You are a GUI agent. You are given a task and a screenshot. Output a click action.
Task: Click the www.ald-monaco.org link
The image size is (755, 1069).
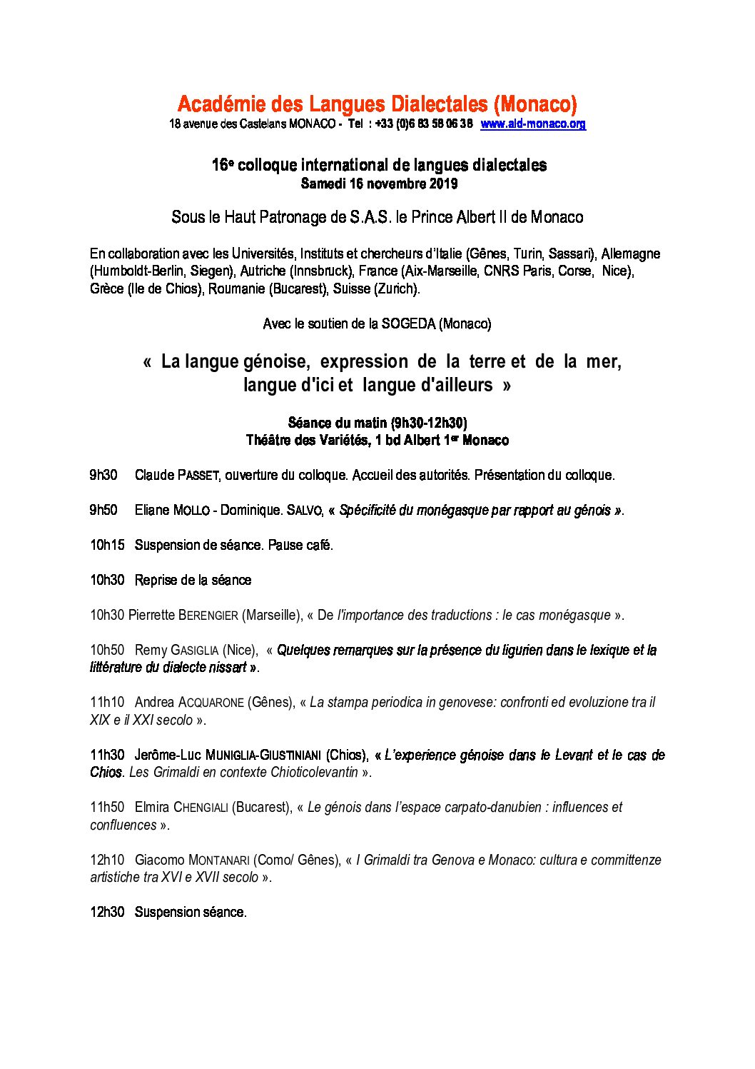(533, 124)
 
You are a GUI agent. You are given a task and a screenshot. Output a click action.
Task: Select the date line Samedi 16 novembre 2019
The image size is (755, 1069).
(379, 184)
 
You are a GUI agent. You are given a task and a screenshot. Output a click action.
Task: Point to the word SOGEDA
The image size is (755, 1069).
(408, 323)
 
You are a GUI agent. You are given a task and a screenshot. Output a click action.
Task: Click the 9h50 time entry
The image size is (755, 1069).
(103, 510)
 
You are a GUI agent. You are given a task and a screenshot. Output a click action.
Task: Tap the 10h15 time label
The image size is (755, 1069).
(107, 545)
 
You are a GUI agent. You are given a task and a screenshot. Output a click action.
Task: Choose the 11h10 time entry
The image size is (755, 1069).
(107, 702)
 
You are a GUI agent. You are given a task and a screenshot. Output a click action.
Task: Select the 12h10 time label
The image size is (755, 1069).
(107, 860)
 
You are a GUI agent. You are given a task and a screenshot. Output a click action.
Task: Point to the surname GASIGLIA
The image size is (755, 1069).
(194, 651)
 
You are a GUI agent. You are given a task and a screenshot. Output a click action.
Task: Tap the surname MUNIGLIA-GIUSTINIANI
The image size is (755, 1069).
(263, 756)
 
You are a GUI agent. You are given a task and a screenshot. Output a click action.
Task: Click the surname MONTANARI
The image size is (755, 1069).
(218, 860)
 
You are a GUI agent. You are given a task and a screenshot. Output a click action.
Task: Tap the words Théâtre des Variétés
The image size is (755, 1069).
(307, 440)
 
